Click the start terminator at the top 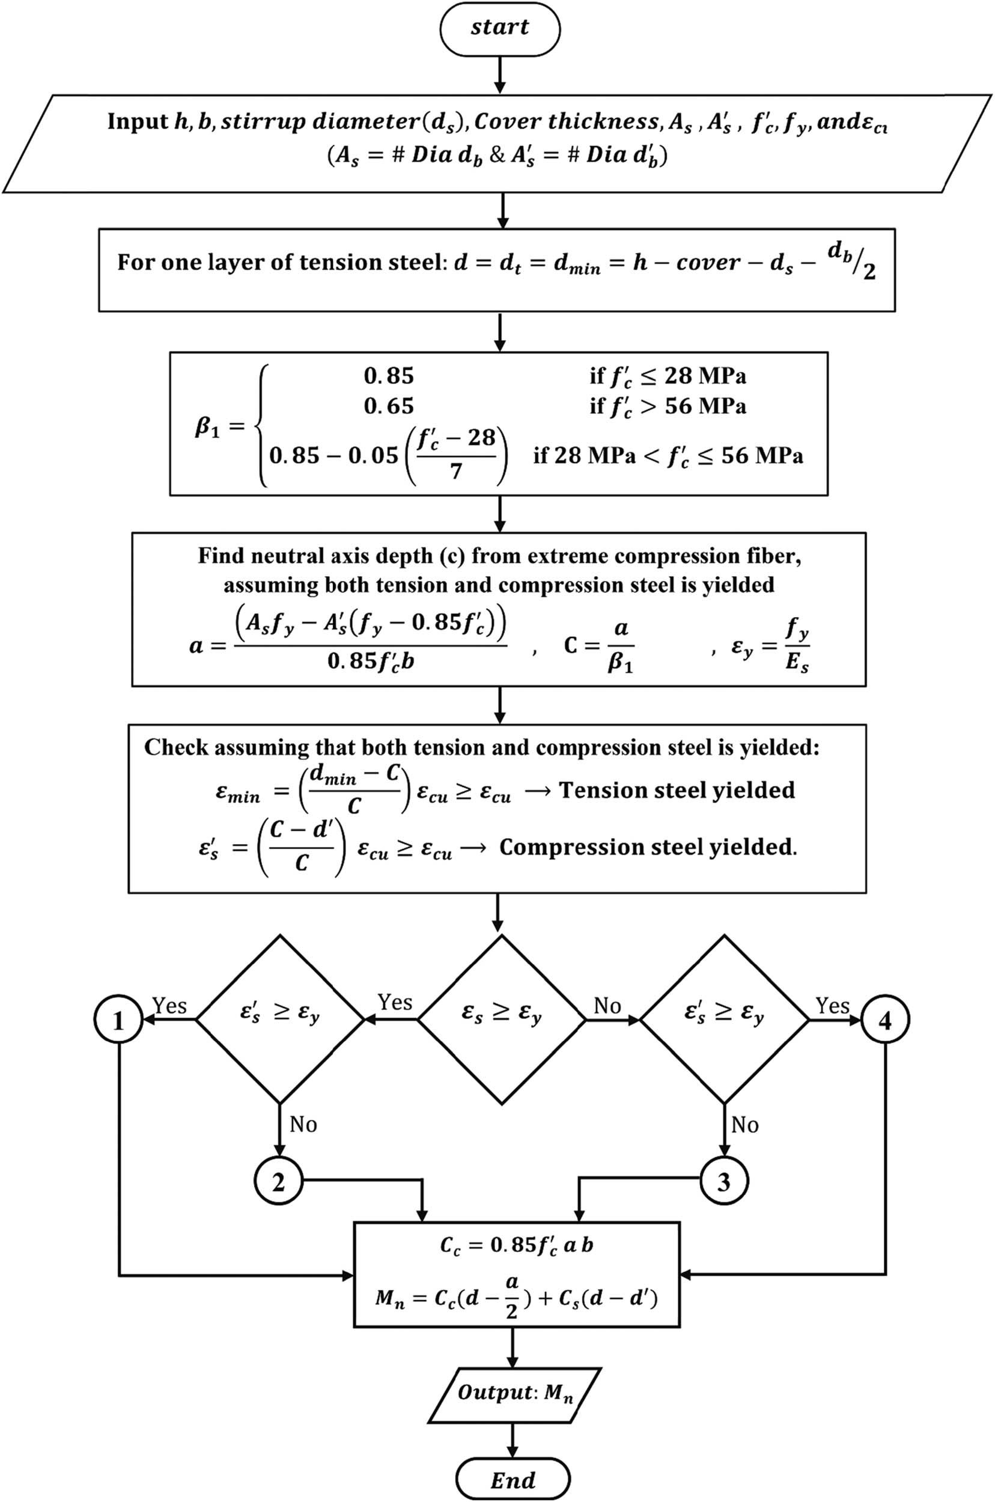click(499, 28)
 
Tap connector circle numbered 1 click(118, 1020)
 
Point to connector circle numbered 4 click(885, 1020)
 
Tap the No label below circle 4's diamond click(744, 1125)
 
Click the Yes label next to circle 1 click(169, 1006)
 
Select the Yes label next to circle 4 click(832, 1006)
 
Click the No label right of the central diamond click(607, 1006)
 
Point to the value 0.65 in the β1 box click(388, 406)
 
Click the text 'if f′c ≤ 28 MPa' click(668, 375)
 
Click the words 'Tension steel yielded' click(677, 790)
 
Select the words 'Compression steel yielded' click(647, 848)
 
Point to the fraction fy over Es click(796, 646)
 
